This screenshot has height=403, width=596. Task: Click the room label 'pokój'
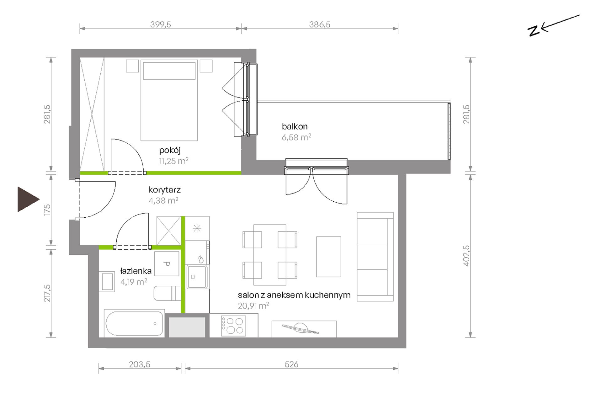(x=170, y=151)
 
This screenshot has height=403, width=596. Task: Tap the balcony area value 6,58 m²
(x=296, y=137)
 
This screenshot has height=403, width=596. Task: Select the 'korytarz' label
(x=165, y=190)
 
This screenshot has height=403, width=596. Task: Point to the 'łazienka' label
(x=136, y=271)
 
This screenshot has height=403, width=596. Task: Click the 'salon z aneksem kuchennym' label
(x=294, y=295)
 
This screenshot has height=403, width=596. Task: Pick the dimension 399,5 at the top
(x=161, y=24)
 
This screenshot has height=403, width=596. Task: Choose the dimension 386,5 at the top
(x=320, y=24)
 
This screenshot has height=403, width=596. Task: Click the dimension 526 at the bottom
(x=291, y=364)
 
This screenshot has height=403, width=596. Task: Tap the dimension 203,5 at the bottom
(x=140, y=364)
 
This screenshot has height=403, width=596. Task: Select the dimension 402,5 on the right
(x=466, y=256)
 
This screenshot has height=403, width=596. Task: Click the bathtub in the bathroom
(x=134, y=323)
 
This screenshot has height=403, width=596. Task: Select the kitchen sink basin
(x=197, y=277)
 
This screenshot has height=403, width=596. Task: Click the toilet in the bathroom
(x=167, y=293)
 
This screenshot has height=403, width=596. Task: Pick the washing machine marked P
(x=167, y=264)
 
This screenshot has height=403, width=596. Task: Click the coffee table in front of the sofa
(x=328, y=257)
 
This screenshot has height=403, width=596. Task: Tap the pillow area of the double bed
(x=169, y=71)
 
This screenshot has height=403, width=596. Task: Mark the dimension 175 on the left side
(x=47, y=209)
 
